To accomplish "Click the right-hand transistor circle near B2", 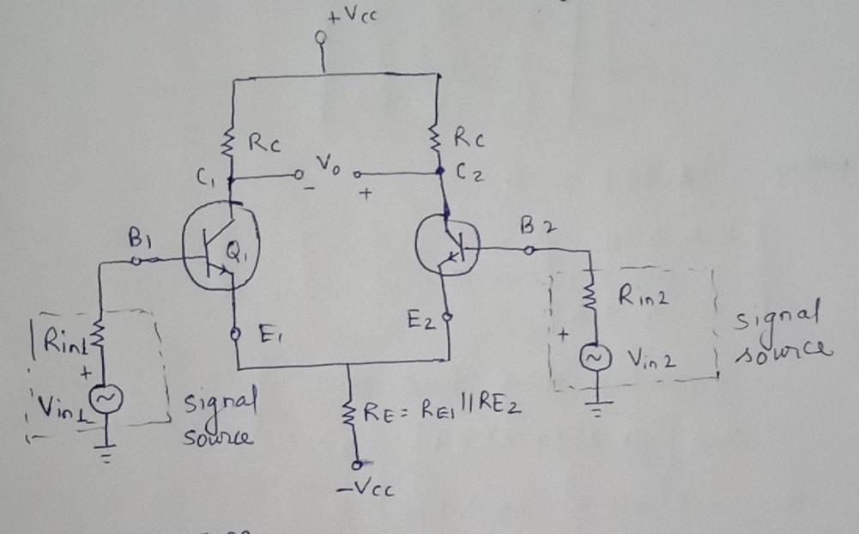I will click(448, 244).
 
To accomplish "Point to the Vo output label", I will click(328, 165).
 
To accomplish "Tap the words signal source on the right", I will click(781, 331).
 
